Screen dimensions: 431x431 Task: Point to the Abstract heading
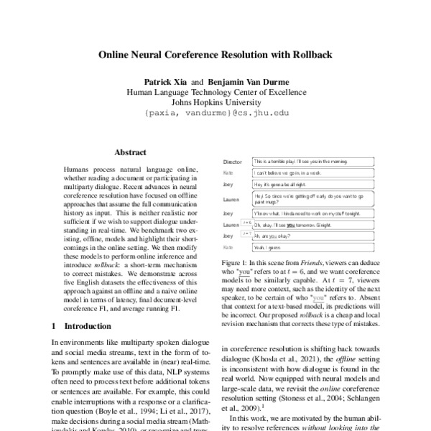pos(130,152)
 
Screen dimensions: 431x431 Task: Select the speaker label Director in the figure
pos(233,162)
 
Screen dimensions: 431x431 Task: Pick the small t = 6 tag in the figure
pos(246,223)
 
